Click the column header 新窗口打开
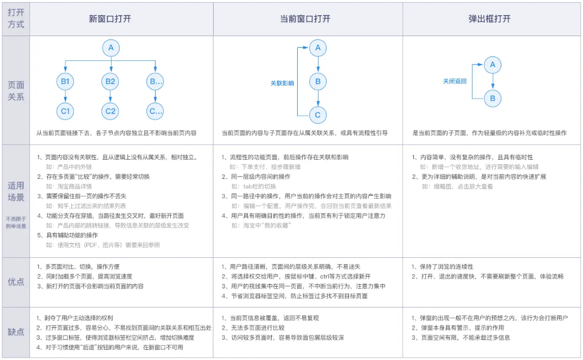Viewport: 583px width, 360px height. [x=110, y=19]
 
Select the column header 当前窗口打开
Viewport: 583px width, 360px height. [x=305, y=19]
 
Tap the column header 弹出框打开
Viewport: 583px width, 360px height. [x=489, y=19]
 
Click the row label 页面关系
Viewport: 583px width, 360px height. [x=16, y=91]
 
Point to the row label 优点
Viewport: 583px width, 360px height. [x=16, y=282]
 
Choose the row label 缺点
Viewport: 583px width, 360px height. [x=16, y=332]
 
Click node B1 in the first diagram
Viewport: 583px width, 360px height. [x=65, y=81]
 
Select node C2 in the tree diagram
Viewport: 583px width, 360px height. [x=110, y=111]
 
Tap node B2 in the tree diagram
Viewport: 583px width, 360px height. [x=110, y=81]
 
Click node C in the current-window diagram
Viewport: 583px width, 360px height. [x=318, y=115]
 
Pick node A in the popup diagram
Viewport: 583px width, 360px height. [x=493, y=65]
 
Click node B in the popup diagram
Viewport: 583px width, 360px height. [x=493, y=99]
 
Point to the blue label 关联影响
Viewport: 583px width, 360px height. [x=282, y=84]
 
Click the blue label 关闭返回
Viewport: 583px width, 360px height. [x=454, y=81]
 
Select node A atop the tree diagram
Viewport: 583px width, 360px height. [x=111, y=48]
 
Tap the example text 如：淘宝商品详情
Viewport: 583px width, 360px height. [x=69, y=187]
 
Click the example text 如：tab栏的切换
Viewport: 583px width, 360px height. [x=254, y=187]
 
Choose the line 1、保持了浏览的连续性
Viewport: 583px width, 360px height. [x=443, y=267]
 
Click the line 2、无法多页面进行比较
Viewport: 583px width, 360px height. [x=253, y=328]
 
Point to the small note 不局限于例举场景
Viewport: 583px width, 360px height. [x=16, y=223]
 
